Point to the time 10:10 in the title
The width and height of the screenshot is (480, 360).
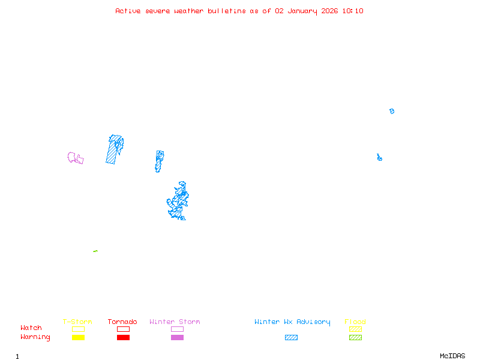coord(353,11)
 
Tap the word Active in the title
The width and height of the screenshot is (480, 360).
coord(128,11)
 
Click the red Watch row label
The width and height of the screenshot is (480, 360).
coord(31,328)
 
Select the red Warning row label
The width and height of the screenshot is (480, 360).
coord(35,337)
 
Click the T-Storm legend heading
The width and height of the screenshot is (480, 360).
coord(77,322)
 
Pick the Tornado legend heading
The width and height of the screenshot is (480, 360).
coord(122,322)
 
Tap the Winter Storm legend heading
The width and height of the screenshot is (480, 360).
coord(175,322)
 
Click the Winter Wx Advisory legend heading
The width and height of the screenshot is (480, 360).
coord(292,322)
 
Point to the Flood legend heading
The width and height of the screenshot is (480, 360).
coord(355,322)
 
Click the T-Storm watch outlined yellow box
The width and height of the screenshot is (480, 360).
coord(78,329)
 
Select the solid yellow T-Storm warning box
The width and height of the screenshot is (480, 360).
coord(78,337)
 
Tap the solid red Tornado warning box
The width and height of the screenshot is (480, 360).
coord(123,337)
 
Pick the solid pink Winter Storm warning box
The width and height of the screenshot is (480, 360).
coord(177,337)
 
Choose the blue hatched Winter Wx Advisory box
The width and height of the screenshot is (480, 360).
coord(291,337)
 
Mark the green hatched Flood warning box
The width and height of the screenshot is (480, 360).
coord(355,337)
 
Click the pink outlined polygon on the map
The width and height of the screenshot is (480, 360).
coord(75,158)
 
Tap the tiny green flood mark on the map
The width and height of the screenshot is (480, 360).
coord(95,251)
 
